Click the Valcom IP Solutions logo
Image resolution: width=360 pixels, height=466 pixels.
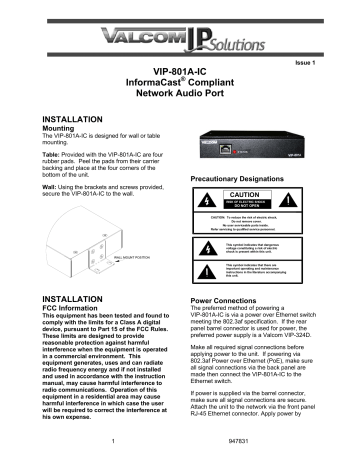[180, 31]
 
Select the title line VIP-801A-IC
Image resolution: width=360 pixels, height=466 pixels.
[180, 73]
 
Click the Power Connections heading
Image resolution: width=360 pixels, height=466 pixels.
[232, 299]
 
